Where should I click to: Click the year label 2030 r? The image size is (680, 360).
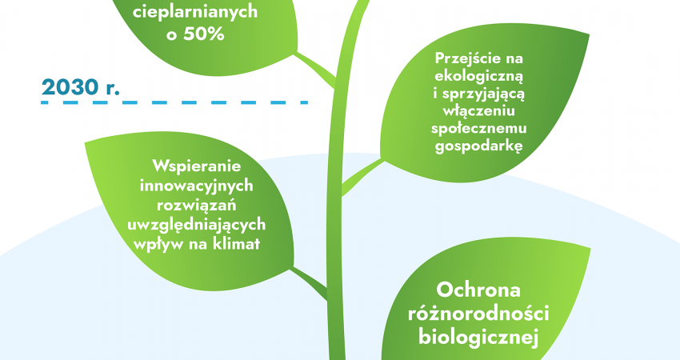[81, 88]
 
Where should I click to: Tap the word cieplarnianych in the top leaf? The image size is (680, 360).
[195, 13]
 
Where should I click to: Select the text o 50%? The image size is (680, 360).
[195, 34]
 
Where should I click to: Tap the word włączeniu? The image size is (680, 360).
[478, 111]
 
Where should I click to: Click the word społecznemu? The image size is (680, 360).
[478, 129]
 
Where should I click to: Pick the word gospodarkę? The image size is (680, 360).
[478, 146]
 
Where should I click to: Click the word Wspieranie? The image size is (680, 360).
[197, 166]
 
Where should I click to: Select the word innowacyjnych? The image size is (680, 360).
[197, 186]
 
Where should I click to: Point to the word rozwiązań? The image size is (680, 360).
[197, 205]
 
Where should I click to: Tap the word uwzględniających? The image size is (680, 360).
[197, 225]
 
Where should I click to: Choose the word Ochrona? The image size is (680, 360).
[478, 290]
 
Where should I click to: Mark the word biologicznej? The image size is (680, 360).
[478, 338]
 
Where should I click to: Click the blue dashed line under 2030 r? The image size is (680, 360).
[174, 102]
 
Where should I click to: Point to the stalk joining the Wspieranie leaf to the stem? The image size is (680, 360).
[308, 282]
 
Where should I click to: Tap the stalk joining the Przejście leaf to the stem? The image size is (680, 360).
[362, 177]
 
